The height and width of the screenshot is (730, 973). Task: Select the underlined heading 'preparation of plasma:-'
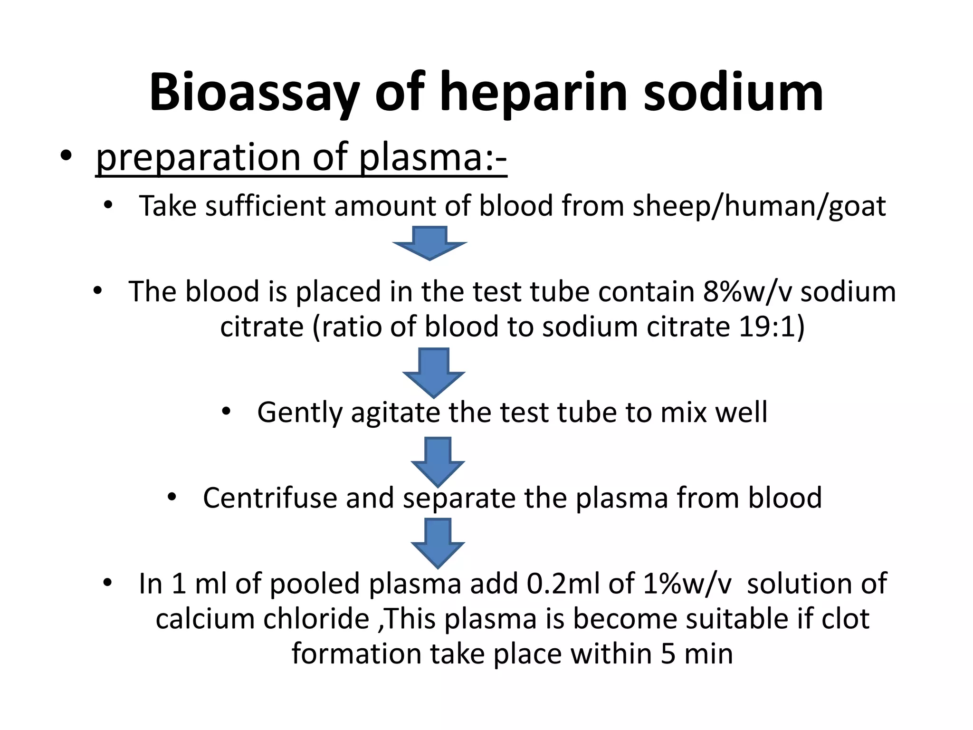click(x=301, y=157)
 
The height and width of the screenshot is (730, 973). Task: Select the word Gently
click(x=299, y=413)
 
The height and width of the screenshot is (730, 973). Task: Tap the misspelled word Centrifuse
click(x=270, y=498)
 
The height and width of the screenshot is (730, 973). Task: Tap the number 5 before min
click(x=668, y=654)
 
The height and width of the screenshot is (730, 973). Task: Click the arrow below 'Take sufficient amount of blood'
click(x=429, y=242)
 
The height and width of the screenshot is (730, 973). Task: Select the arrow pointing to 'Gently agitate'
click(x=434, y=372)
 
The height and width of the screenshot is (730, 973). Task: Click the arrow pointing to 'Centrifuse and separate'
click(x=438, y=461)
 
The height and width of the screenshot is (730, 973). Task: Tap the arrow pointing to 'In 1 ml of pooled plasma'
click(x=438, y=542)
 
